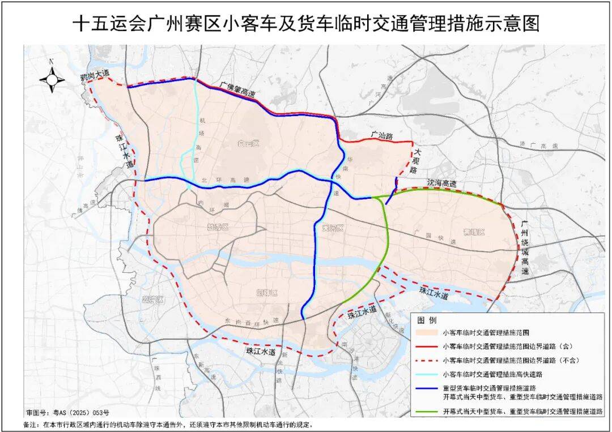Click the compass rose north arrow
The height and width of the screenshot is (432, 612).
click(52, 79)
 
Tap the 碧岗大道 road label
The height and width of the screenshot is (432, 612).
click(93, 74)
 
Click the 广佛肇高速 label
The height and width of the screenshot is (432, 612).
click(238, 89)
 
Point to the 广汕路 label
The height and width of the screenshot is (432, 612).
click(381, 135)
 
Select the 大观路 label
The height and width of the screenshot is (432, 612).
click(418, 161)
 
